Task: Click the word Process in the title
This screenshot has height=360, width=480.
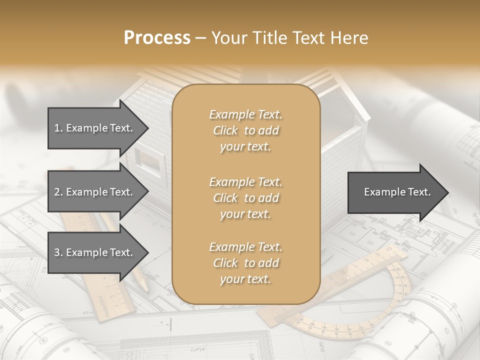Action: pos(157,38)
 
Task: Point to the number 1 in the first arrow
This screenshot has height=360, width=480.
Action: pos(57,128)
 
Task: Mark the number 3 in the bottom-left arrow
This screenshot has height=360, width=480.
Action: pos(57,252)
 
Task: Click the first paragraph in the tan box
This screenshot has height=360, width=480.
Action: pos(245,130)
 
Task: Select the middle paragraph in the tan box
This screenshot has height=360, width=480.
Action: pos(245,197)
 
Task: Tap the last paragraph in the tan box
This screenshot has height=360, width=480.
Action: pos(245,263)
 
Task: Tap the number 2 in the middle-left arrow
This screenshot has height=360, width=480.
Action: pos(57,192)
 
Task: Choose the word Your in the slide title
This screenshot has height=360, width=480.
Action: pos(227,38)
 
